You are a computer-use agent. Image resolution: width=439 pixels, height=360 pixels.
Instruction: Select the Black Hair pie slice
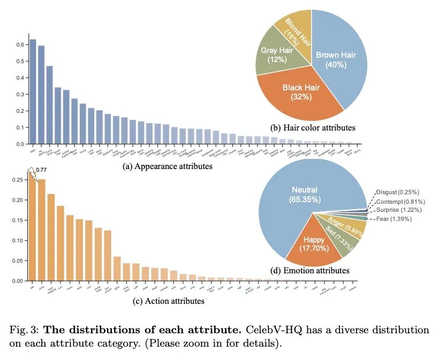[x=300, y=91]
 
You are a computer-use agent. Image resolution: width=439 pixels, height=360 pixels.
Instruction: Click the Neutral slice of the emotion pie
[x=304, y=195]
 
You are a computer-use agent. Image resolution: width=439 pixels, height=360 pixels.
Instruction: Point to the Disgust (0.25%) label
[x=397, y=192]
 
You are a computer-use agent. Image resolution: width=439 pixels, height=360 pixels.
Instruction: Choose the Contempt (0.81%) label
[x=397, y=201]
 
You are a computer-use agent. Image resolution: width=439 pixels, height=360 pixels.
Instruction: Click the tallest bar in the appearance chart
[x=33, y=91]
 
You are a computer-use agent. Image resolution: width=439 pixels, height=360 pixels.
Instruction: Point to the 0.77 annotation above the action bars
[x=42, y=170]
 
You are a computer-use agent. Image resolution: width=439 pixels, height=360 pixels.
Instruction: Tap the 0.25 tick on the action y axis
[x=18, y=180]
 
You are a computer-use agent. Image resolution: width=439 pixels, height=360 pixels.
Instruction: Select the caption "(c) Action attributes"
[x=168, y=301]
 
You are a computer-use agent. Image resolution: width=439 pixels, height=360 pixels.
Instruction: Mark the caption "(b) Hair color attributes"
[x=313, y=128]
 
